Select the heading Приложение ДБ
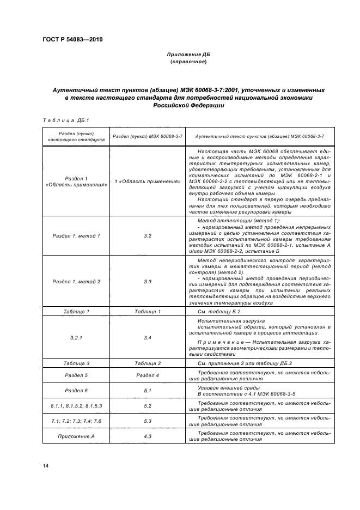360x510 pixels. tap(188, 55)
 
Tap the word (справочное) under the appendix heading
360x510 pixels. tap(188, 62)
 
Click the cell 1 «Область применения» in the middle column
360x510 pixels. tap(148, 181)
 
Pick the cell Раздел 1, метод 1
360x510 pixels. tap(76, 236)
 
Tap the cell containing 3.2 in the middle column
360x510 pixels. tap(148, 236)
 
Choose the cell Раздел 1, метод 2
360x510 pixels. tap(76, 281)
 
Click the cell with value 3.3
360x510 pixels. tap(148, 281)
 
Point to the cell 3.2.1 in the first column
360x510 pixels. tap(76, 338)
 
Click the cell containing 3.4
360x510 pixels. tap(148, 338)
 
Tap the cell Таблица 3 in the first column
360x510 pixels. tap(76, 363)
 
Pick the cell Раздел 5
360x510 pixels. tap(76, 375)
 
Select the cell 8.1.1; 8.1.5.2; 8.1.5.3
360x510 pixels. tap(76, 406)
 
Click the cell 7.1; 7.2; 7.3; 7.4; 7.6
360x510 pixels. tap(76, 421)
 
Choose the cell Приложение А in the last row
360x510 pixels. tap(76, 436)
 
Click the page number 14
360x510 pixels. tap(46, 466)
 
